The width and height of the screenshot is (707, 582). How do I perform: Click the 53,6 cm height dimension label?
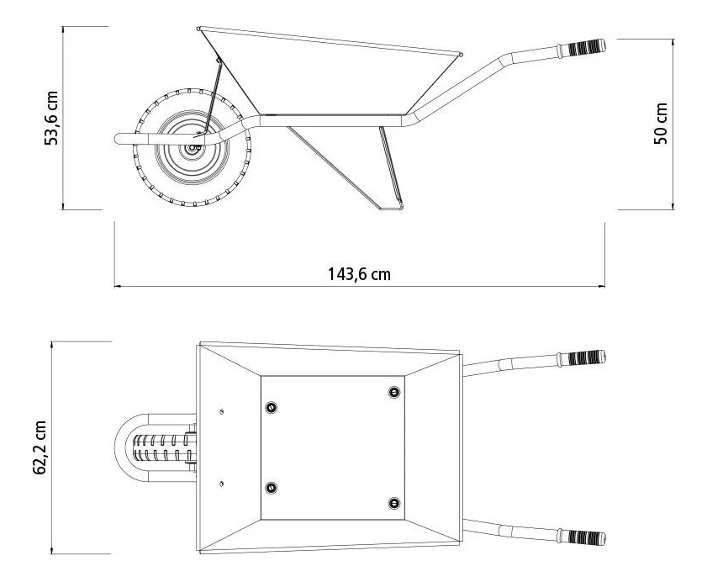(x=51, y=118)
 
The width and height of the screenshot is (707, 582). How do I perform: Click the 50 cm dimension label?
(x=661, y=124)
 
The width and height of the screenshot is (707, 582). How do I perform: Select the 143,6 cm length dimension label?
(x=359, y=274)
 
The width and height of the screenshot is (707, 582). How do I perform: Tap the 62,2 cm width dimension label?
(x=40, y=447)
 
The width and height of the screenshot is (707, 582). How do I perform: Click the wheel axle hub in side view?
(x=194, y=147)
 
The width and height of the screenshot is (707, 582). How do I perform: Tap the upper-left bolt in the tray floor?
(x=271, y=407)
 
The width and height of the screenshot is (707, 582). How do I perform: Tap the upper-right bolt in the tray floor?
(x=394, y=392)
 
